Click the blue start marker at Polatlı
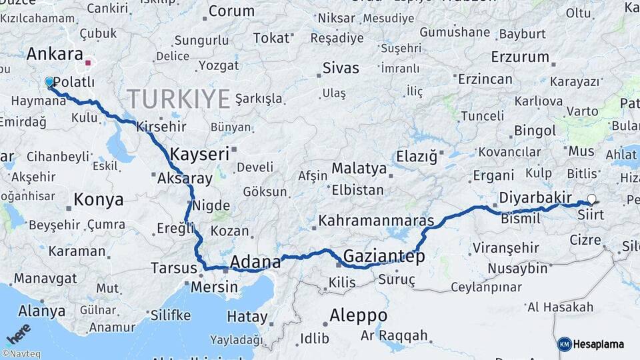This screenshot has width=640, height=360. pos(49,82)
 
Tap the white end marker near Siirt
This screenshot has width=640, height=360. pos(591,199)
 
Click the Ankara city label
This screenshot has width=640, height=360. pos(55,54)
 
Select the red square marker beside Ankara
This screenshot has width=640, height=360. pos(88,63)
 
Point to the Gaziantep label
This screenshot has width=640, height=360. pos(383,257)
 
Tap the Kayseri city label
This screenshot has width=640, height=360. pos(199,154)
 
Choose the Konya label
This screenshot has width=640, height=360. pos(98,199)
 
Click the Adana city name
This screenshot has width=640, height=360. pos(255,262)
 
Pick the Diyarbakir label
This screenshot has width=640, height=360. pos(535,197)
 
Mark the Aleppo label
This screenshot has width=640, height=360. pos(358,315)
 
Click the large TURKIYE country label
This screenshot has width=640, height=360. pos(179,99)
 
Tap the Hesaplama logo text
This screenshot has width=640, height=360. pos(599,345)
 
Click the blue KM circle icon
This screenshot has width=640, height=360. pos(565,345)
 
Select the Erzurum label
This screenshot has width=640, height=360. pos(520,57)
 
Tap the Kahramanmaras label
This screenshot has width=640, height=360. pos(376,220)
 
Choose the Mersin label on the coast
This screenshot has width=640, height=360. pos(214,287)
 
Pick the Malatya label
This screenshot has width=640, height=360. pos(359,168)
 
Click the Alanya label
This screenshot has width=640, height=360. pos(41,311)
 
